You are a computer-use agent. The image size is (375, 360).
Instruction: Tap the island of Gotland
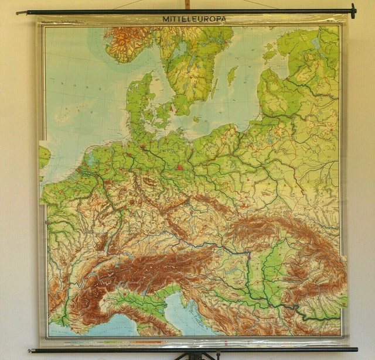233,75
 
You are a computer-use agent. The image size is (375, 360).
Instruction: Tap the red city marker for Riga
292,76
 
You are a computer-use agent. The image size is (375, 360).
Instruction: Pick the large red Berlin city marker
180,166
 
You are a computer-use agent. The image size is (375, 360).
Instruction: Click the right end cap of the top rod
353,10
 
